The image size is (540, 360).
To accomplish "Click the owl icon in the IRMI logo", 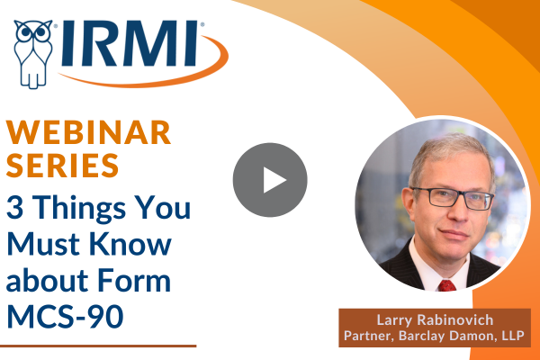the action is pyautogui.click(x=33, y=53).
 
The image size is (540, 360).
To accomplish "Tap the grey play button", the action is pyautogui.click(x=270, y=180).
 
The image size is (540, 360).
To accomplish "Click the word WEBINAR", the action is pyautogui.click(x=88, y=132).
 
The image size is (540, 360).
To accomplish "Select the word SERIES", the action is pyautogui.click(x=62, y=166).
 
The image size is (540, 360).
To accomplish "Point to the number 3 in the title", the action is pyautogui.click(x=14, y=207).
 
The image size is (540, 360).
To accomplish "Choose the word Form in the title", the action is pyautogui.click(x=134, y=280).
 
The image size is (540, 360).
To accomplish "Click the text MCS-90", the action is pyautogui.click(x=65, y=316).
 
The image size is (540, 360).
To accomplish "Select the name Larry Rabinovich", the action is pyautogui.click(x=435, y=320).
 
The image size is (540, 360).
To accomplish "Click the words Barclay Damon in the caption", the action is pyautogui.click(x=445, y=335).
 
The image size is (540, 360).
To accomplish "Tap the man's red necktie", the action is pyautogui.click(x=446, y=285).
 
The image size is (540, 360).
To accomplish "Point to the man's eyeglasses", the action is pyautogui.click(x=452, y=198).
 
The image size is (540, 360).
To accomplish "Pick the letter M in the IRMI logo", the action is pyautogui.click(x=149, y=43).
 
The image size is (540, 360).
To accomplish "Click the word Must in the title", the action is pyautogui.click(x=44, y=243).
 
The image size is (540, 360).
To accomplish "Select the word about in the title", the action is pyautogui.click(x=48, y=279).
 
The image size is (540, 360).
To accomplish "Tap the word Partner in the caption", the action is pyautogui.click(x=368, y=336).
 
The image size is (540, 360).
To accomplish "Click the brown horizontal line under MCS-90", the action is pyautogui.click(x=98, y=346).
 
